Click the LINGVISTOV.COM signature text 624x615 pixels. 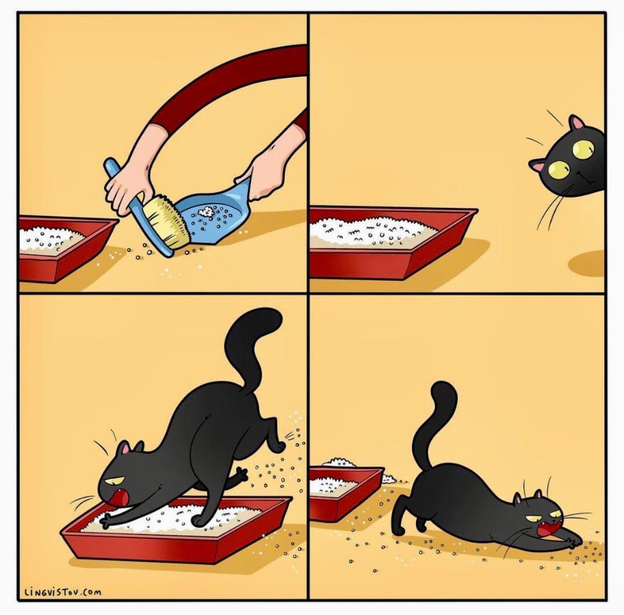[x=63, y=592]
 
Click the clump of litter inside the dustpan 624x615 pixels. [x=207, y=211]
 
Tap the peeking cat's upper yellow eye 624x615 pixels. [x=583, y=149]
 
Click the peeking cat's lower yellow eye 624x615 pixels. [x=559, y=169]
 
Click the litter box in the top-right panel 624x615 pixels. [x=394, y=242]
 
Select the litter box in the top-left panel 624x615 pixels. [x=64, y=247]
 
